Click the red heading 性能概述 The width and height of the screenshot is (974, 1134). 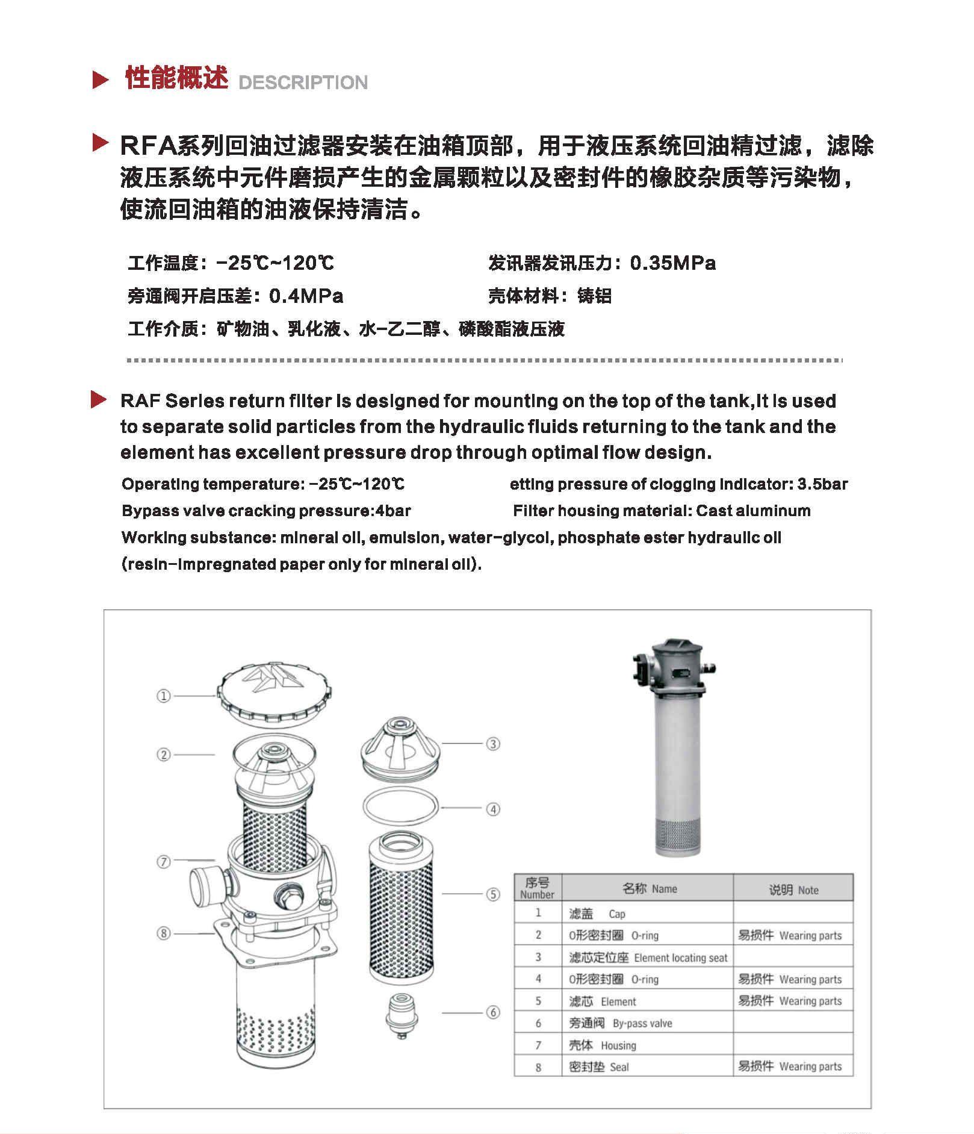coord(176,79)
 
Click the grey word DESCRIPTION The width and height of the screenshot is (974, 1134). coord(303,83)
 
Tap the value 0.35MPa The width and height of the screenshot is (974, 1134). coord(672,263)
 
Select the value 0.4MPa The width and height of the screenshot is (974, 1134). coord(306,296)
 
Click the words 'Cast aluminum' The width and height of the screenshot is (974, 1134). coord(753,511)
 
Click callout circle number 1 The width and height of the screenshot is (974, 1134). coord(164,696)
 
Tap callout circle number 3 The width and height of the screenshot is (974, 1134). coord(493,744)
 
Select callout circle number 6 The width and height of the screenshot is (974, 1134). coord(493,1012)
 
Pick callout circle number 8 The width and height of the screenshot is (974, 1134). coord(164,933)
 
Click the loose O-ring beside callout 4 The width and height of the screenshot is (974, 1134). coord(401,806)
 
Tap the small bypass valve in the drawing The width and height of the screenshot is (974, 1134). coord(402,1014)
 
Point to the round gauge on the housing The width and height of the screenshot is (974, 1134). coord(202,885)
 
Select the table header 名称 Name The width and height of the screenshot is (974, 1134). coord(649,889)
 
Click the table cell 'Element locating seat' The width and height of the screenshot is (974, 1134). coord(680,958)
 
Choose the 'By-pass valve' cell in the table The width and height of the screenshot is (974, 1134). coord(642,1023)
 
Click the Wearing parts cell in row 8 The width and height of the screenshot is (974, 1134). coord(810,1067)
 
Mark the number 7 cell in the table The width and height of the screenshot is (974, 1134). coord(538,1045)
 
